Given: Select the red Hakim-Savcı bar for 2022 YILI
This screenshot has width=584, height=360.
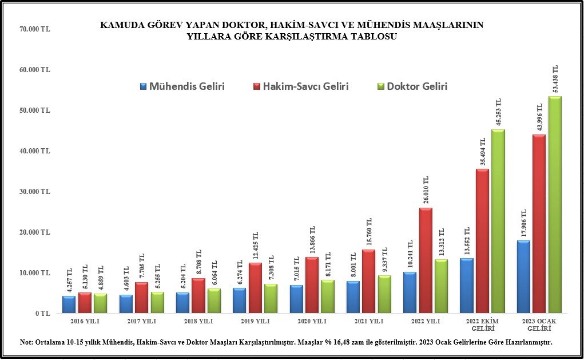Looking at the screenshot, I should pyautogui.click(x=425, y=260).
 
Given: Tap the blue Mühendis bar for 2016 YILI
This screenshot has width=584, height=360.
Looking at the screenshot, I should pyautogui.click(x=69, y=304).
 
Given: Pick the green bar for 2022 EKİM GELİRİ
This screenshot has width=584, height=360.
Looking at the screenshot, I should pyautogui.click(x=498, y=221).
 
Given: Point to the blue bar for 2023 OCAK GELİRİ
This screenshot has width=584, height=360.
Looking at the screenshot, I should pyautogui.click(x=523, y=276).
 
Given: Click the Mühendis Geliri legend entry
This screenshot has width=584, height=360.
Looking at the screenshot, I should pyautogui.click(x=182, y=87).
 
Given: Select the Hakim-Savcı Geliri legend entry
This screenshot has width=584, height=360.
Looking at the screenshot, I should pyautogui.click(x=300, y=87).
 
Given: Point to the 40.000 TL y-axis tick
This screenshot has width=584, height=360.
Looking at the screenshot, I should pyautogui.click(x=35, y=151).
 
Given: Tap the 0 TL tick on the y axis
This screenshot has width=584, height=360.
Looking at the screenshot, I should pyautogui.click(x=42, y=314).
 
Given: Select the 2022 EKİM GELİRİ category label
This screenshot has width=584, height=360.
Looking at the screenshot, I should pyautogui.click(x=482, y=325).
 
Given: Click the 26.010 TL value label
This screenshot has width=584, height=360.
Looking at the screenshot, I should pyautogui.click(x=425, y=189).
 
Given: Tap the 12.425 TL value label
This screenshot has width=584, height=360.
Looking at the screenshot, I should pyautogui.click(x=255, y=243).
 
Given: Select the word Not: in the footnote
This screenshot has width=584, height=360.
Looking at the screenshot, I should pyautogui.click(x=26, y=342).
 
